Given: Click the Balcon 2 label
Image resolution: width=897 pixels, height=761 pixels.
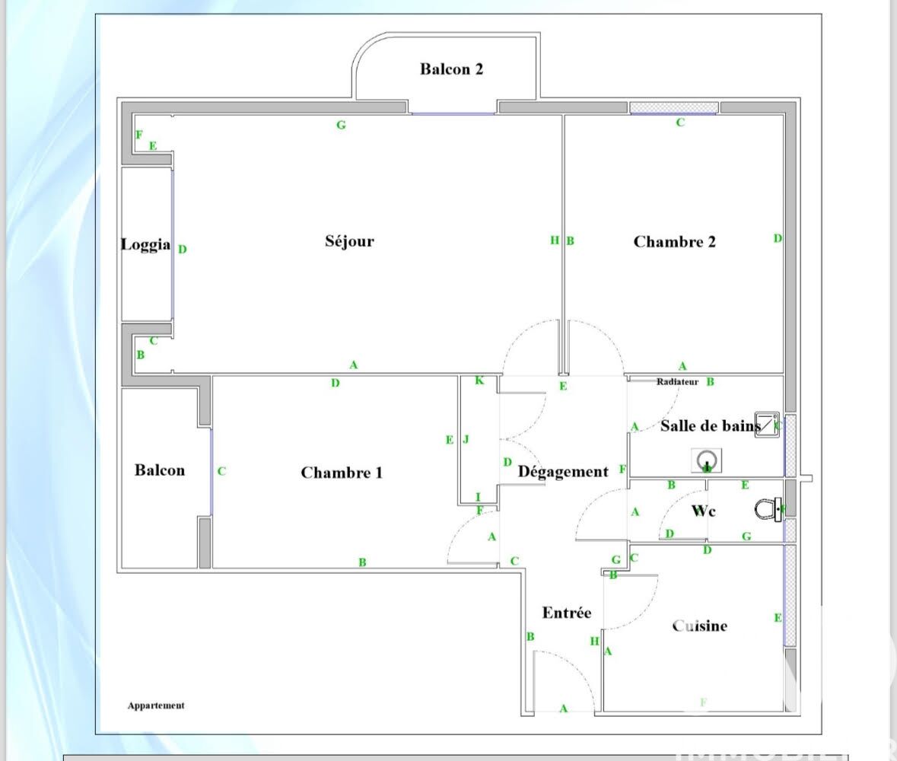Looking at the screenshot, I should pos(451,69).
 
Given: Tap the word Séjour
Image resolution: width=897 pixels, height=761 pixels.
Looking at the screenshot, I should pos(350,241).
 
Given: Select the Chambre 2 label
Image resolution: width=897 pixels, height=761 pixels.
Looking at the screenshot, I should pos(674,242).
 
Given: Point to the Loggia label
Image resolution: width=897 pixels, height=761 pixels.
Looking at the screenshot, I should pos(145,245).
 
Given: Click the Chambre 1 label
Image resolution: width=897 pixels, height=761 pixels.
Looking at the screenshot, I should pos(342,473).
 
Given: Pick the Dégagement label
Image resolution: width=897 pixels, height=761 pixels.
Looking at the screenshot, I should pos(563,472).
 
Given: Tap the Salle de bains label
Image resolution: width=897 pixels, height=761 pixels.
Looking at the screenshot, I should pos(711,426).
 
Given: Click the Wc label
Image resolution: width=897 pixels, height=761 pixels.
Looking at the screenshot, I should pos(703,511).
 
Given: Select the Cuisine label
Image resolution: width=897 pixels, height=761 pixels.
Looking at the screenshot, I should pos(699,626).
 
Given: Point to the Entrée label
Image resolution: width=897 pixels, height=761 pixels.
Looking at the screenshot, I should pos(566,613).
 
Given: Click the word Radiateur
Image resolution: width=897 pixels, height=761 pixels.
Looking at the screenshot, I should pos(677,382).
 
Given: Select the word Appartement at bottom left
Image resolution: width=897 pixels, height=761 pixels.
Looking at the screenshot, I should pos(156,705).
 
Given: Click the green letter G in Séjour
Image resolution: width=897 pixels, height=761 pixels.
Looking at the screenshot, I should pos(341,125).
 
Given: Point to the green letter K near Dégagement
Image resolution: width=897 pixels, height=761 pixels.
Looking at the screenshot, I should pos(479,380).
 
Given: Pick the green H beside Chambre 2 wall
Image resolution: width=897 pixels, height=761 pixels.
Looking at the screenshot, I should pos(555,240).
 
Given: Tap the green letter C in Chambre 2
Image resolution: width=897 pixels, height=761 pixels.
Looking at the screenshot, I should pos(680,123).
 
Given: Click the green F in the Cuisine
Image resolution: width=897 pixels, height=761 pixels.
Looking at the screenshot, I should pos(704,702).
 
